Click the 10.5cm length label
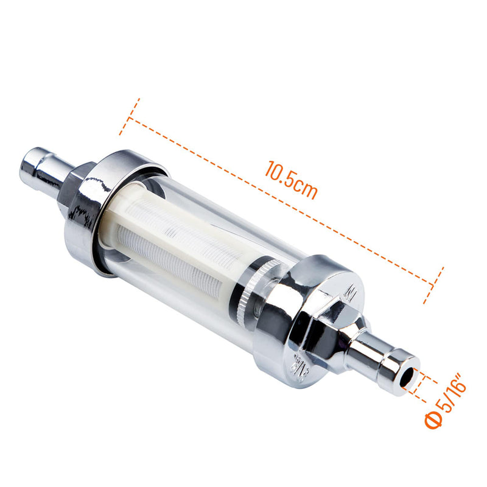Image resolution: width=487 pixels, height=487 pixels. (291, 179)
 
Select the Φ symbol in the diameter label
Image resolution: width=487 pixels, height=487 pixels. (433, 420)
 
